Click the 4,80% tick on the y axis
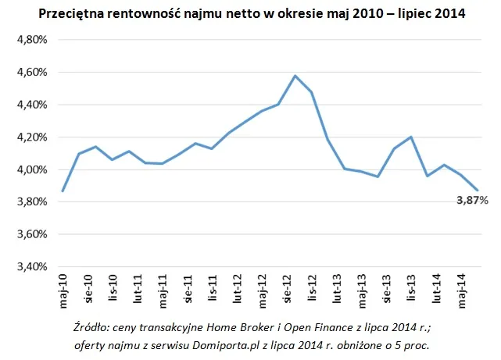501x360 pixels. pos(33,40)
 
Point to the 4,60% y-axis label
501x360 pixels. pos(33,72)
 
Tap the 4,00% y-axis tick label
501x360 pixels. pos(33,169)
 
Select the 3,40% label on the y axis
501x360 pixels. pos(33,266)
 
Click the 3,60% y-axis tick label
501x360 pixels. pos(33,234)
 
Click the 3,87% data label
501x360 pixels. pos(472,201)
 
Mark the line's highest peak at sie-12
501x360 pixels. pos(295,76)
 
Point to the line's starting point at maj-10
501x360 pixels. pos(63,191)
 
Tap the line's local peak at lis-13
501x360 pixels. pos(410,137)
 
